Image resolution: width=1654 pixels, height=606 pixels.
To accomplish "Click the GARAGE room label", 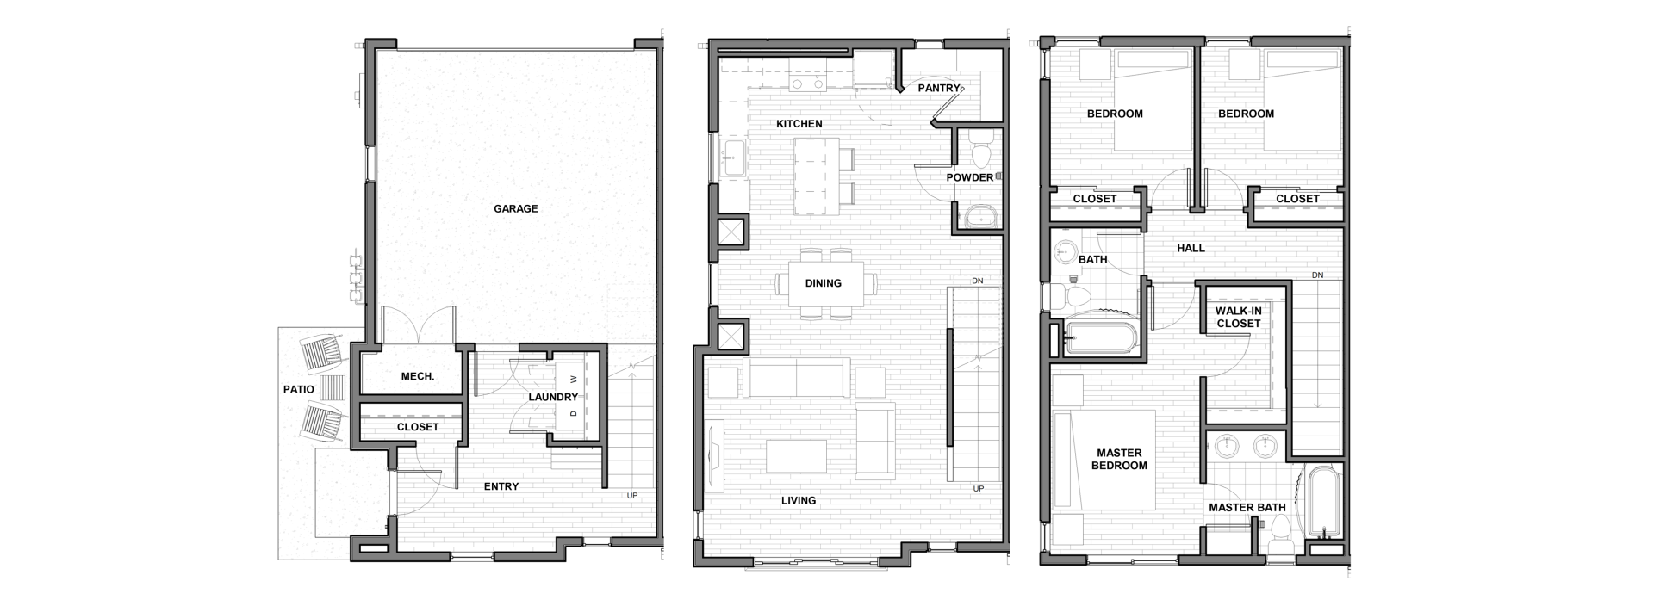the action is click(515, 208).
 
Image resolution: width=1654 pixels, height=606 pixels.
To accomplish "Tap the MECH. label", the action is click(418, 376).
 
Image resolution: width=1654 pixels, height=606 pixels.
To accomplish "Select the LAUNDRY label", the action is click(553, 397).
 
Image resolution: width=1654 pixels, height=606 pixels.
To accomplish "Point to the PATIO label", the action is click(299, 389).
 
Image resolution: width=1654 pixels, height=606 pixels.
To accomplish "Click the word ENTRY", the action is click(501, 486).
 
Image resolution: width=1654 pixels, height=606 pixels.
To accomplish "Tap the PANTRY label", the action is click(939, 88).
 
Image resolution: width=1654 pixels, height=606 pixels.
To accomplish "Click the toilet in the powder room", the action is click(981, 149).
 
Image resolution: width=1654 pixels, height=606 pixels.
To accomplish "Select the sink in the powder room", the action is click(980, 215).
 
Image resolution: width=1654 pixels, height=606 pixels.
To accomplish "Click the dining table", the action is click(823, 283).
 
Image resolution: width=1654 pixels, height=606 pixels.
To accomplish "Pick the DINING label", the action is click(823, 283).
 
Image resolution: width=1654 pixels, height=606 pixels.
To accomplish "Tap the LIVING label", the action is click(799, 500).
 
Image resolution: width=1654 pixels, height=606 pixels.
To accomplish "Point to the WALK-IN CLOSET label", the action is click(1238, 317).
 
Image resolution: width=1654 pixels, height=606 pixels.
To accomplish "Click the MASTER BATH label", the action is click(1247, 508).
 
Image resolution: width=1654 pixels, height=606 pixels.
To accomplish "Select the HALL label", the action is click(1191, 248).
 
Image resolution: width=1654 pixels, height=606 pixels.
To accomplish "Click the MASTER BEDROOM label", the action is click(1119, 459).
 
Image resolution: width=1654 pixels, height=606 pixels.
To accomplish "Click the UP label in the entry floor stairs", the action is click(631, 495).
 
